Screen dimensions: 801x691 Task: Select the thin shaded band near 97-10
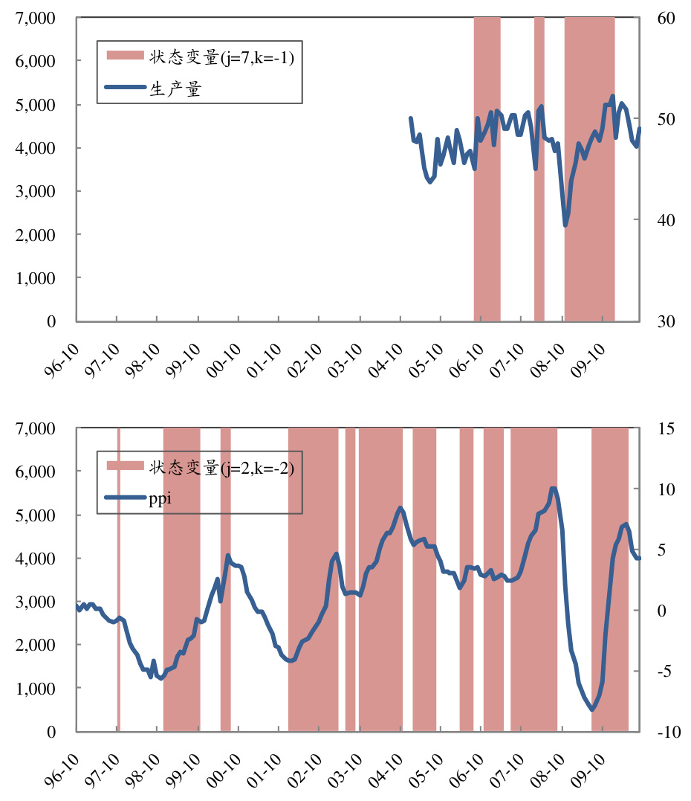point(118,580)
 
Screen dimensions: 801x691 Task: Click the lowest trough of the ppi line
point(592,710)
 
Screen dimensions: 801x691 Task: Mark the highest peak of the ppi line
point(553,489)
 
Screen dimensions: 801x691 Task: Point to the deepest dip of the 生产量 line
point(565,225)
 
